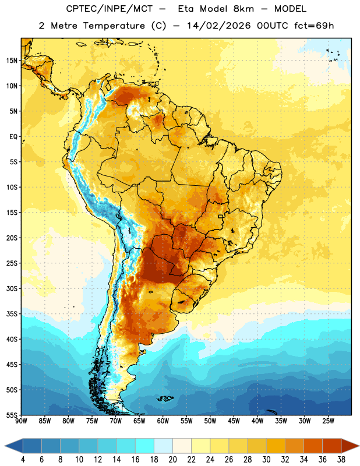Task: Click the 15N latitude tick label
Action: (12, 61)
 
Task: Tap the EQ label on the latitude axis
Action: (13, 137)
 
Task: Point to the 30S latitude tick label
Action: (12, 288)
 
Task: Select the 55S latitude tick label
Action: (12, 415)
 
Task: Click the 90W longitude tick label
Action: (21, 421)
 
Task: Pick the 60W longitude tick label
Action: (163, 421)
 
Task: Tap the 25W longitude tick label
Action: (328, 421)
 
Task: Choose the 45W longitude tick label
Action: (234, 421)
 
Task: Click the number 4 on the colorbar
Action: (23, 460)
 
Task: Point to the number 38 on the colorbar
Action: (341, 460)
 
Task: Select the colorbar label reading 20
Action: (172, 460)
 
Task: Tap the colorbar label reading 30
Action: (266, 460)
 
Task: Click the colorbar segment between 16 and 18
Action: (145, 446)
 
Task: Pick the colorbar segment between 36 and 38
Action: (332, 446)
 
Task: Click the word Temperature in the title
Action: (114, 26)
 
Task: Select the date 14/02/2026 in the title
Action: (219, 26)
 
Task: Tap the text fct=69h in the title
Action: (314, 26)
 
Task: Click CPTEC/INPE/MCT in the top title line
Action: (110, 9)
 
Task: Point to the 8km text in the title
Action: (243, 9)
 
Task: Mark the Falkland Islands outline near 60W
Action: (165, 398)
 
